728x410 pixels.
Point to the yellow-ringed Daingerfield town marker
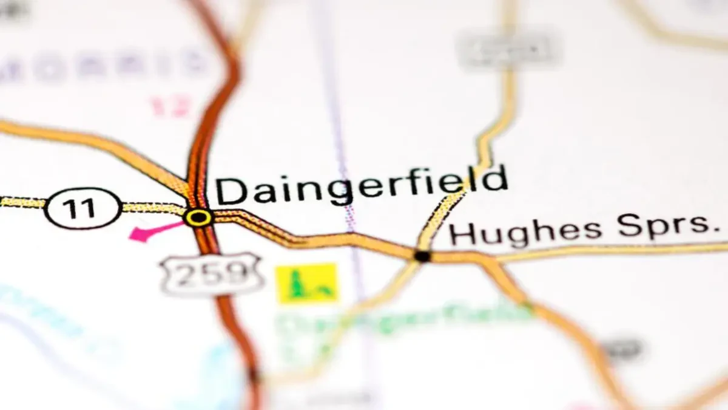198,217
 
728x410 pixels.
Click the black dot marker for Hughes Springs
422,256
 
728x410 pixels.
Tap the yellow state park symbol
307,283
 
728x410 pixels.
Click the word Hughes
525,231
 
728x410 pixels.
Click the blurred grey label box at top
506,50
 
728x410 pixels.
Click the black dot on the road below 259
254,375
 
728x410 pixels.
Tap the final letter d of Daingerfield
495,177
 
